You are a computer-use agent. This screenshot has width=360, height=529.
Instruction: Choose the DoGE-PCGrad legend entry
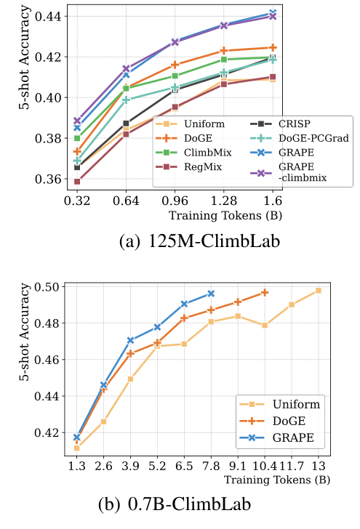pos(311,138)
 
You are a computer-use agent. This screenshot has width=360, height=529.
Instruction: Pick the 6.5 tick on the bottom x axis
pos(184,465)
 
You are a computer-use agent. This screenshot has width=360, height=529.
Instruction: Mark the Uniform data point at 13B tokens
pos(318,291)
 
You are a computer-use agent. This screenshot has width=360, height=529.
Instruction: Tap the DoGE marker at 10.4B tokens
pos(265,292)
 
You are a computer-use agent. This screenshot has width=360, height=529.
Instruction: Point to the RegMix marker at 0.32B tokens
pos(77,182)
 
